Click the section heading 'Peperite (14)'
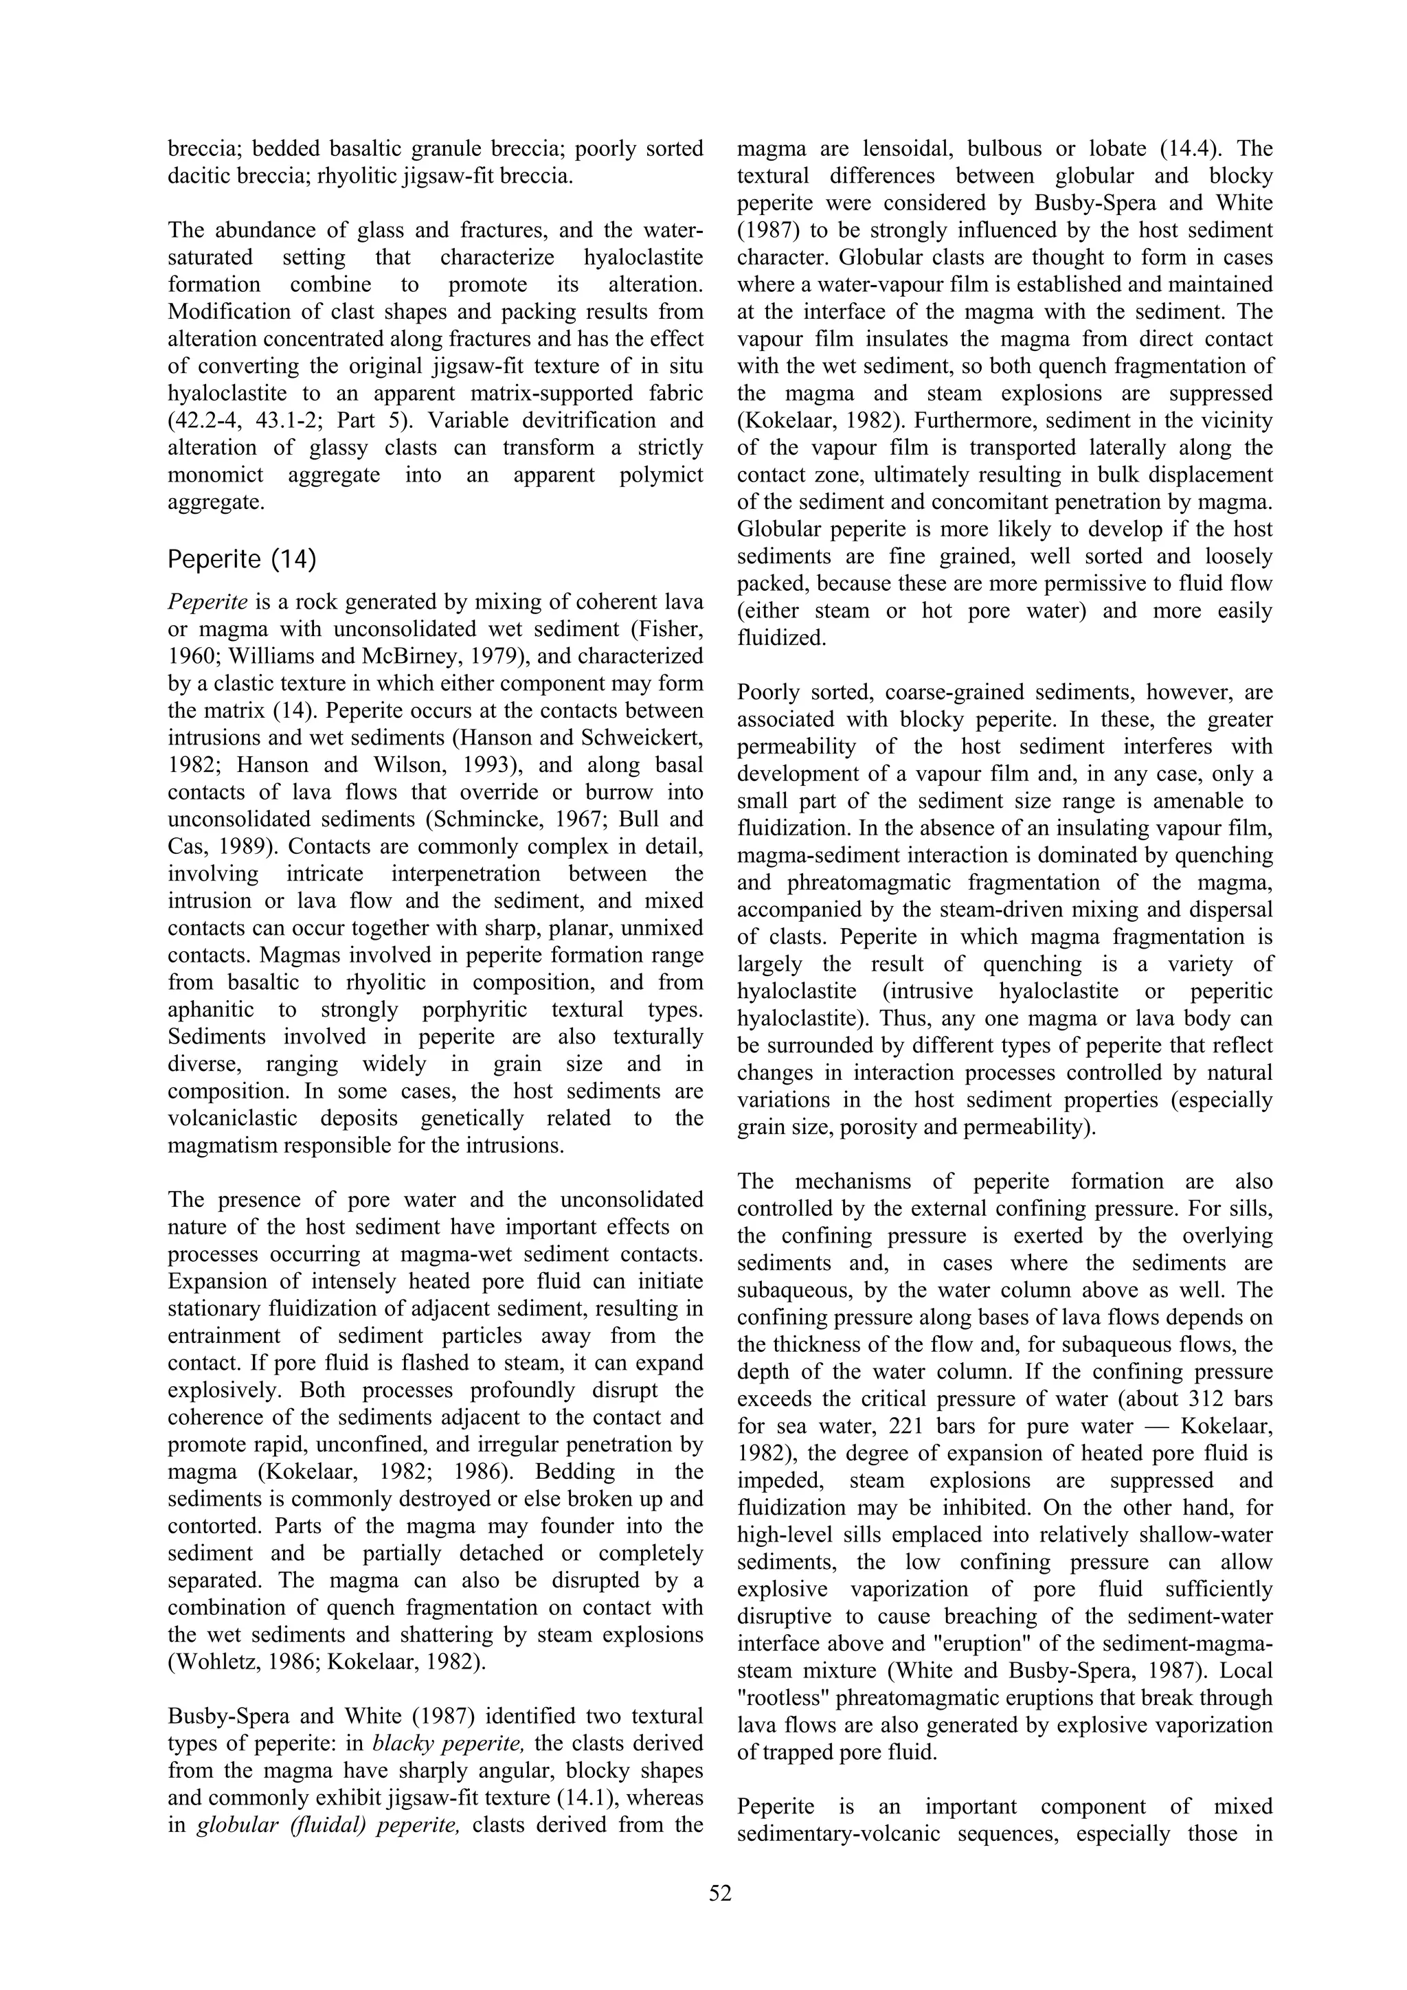tap(242, 560)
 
